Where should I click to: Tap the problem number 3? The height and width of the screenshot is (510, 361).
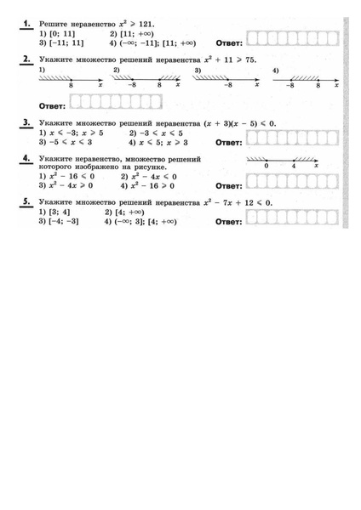(27, 123)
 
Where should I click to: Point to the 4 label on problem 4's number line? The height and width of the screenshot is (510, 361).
(293, 167)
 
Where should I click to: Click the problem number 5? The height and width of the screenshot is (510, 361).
(27, 202)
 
